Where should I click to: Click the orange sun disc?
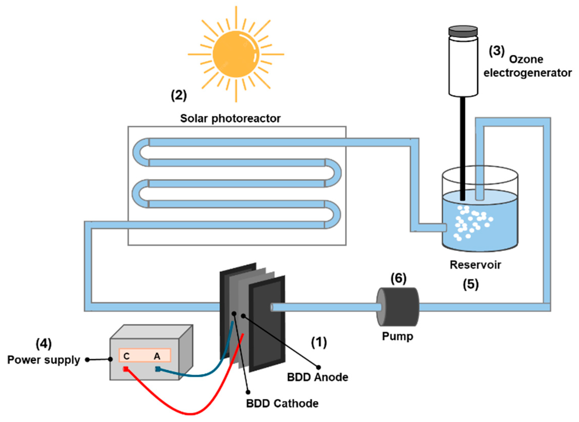coord(236,54)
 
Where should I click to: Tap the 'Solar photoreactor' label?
coord(230,119)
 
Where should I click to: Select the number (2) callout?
coord(179,96)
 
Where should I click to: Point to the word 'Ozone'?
coord(526,60)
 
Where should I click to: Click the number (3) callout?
coord(497,51)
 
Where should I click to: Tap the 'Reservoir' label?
coord(475,265)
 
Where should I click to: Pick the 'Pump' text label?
coord(397,337)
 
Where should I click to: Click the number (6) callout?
coord(398,279)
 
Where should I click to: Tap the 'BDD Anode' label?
coord(318,377)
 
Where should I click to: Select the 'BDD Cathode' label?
coord(282,403)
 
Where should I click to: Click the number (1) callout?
coord(319,342)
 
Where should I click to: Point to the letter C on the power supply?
coord(126,356)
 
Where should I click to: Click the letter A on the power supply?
coord(157,356)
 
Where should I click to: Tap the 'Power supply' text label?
coord(44,360)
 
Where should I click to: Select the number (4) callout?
coord(44,344)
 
